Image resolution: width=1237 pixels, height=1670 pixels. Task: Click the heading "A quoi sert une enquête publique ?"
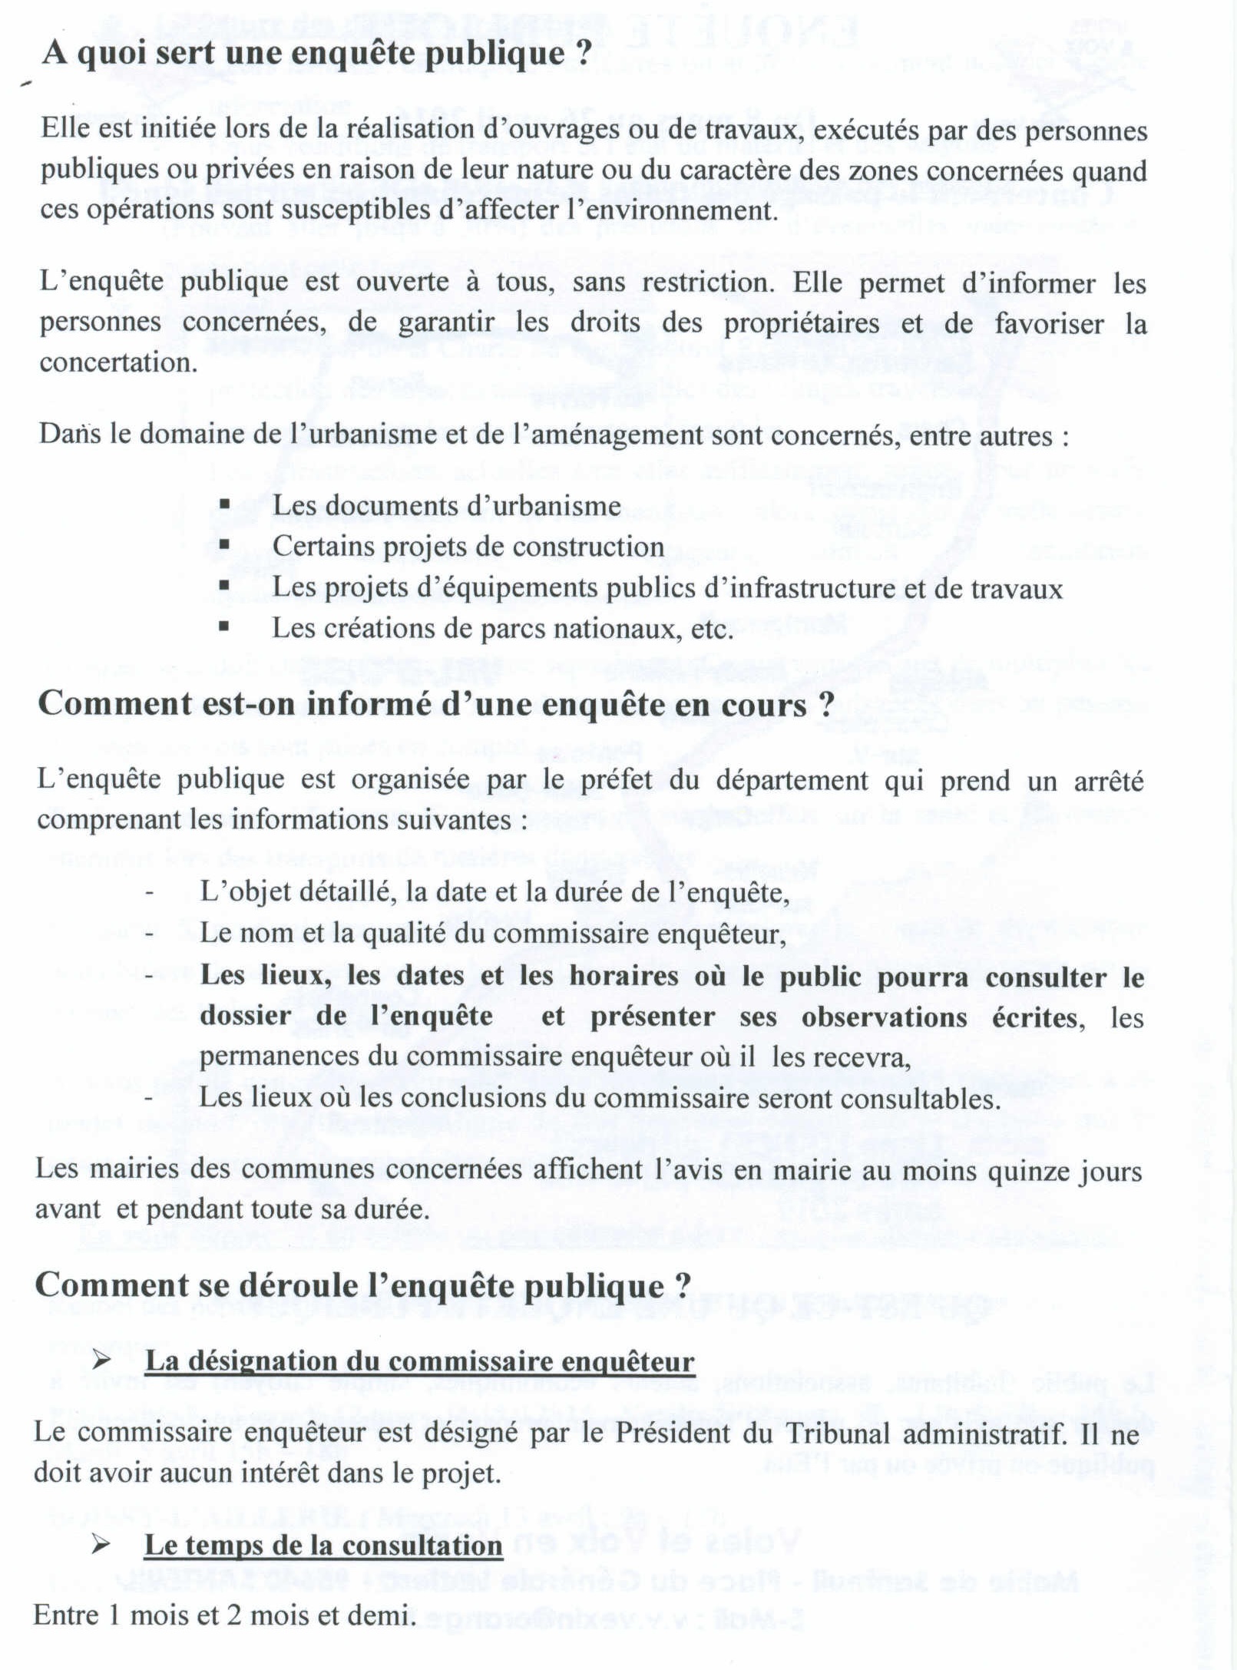(317, 55)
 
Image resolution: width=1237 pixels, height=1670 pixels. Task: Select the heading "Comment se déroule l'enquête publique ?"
(363, 1285)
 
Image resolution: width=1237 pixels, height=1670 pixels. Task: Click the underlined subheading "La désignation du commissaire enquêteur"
(419, 1361)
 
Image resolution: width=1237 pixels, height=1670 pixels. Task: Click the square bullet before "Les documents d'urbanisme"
(224, 504)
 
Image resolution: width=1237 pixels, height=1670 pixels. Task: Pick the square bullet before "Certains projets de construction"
(224, 545)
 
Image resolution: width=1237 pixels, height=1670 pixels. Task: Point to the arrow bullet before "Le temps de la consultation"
(101, 1544)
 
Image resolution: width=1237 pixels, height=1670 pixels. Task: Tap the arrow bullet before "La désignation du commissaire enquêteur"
(102, 1361)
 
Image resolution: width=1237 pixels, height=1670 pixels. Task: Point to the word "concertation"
(118, 362)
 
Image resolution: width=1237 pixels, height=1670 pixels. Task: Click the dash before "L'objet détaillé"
(150, 892)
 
